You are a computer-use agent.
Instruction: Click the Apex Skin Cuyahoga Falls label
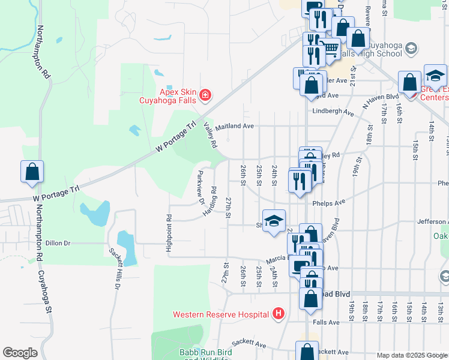[x=178, y=96]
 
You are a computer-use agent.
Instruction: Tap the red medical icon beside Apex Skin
[x=205, y=95]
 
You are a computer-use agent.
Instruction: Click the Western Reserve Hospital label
[x=221, y=314]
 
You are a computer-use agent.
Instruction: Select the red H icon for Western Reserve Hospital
[x=278, y=313]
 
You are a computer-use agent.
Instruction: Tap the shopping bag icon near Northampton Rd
[x=32, y=172]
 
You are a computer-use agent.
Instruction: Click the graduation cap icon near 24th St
[x=274, y=221]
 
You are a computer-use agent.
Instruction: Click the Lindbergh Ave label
[x=333, y=111]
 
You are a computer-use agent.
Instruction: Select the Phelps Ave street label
[x=328, y=203]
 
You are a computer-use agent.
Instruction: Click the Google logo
[x=20, y=353]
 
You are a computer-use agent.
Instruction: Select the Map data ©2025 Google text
[x=412, y=355]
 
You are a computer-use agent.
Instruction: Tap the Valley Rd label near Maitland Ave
[x=210, y=134]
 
